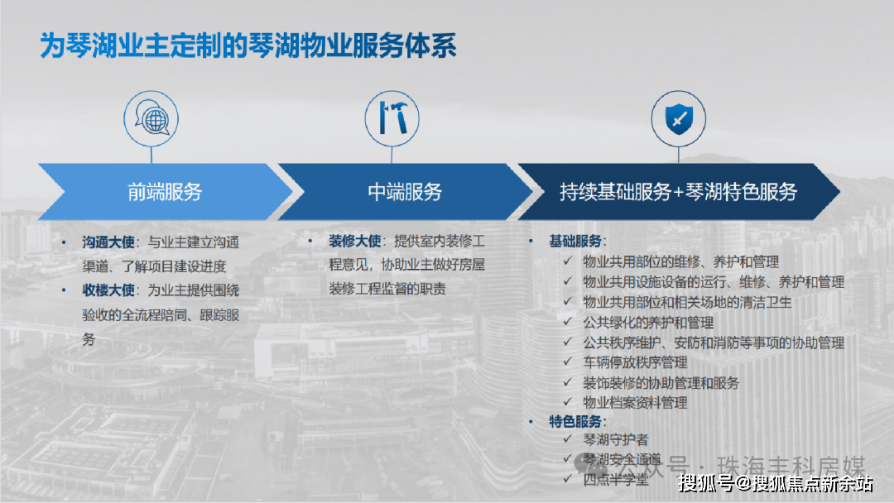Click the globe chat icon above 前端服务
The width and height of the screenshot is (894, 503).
click(x=151, y=118)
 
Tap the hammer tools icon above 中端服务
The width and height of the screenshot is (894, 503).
click(x=392, y=118)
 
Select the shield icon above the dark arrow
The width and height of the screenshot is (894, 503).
click(x=679, y=118)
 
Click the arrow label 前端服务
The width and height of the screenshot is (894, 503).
click(x=165, y=192)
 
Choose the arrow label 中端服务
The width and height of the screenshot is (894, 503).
click(x=405, y=192)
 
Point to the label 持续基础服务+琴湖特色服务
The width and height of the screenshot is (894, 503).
click(x=678, y=192)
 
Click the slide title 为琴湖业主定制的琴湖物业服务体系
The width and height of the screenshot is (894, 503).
click(x=248, y=46)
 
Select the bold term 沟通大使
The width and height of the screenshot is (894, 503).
click(x=108, y=242)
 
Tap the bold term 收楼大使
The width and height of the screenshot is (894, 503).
click(x=108, y=290)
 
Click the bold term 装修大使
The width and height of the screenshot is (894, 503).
click(x=354, y=241)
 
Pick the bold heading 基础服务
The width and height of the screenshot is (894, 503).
click(x=575, y=241)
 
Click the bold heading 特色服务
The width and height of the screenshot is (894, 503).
click(x=575, y=422)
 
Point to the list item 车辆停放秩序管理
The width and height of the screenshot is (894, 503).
click(x=635, y=362)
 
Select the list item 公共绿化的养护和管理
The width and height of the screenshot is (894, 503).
click(x=648, y=323)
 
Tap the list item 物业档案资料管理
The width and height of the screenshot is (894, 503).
click(x=635, y=403)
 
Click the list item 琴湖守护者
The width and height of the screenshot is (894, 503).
click(x=615, y=440)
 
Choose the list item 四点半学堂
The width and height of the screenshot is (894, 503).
click(x=615, y=480)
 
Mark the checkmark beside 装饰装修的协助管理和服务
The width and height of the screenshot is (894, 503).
click(x=568, y=381)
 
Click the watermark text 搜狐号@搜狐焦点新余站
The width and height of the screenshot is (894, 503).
click(x=776, y=484)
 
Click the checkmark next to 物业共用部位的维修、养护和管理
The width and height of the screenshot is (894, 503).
click(x=568, y=261)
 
